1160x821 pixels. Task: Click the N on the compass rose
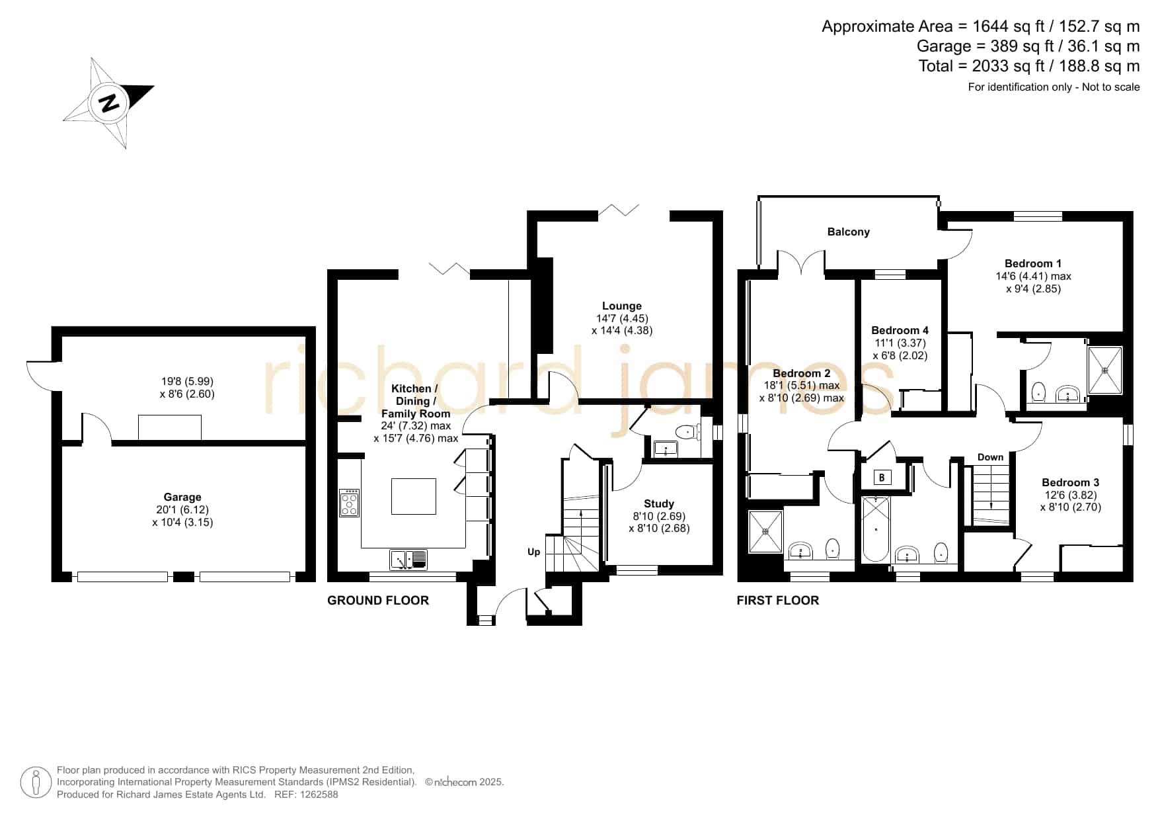[x=109, y=103]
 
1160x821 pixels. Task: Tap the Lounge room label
[x=621, y=306]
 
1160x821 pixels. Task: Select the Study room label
[x=658, y=503]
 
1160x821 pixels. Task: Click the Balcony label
[x=848, y=232]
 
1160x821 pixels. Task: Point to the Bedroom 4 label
[x=900, y=330]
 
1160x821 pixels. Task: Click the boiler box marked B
[x=881, y=477]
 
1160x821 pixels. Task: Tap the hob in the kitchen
[x=349, y=503]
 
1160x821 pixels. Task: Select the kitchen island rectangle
[x=414, y=496]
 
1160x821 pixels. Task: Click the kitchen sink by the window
[x=408, y=560]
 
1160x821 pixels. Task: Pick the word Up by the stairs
[x=533, y=552]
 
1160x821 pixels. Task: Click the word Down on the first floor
[x=990, y=457]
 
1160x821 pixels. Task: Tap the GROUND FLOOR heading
[x=378, y=600]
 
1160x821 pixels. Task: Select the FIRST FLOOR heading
[x=778, y=600]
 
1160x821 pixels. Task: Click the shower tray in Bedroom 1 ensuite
[x=1105, y=370]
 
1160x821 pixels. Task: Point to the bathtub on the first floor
[x=876, y=529]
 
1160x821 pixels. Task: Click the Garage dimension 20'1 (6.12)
[x=182, y=509]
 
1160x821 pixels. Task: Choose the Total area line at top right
[x=1029, y=66]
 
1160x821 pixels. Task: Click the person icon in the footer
[x=36, y=783]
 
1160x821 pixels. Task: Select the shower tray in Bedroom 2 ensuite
[x=765, y=531]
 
